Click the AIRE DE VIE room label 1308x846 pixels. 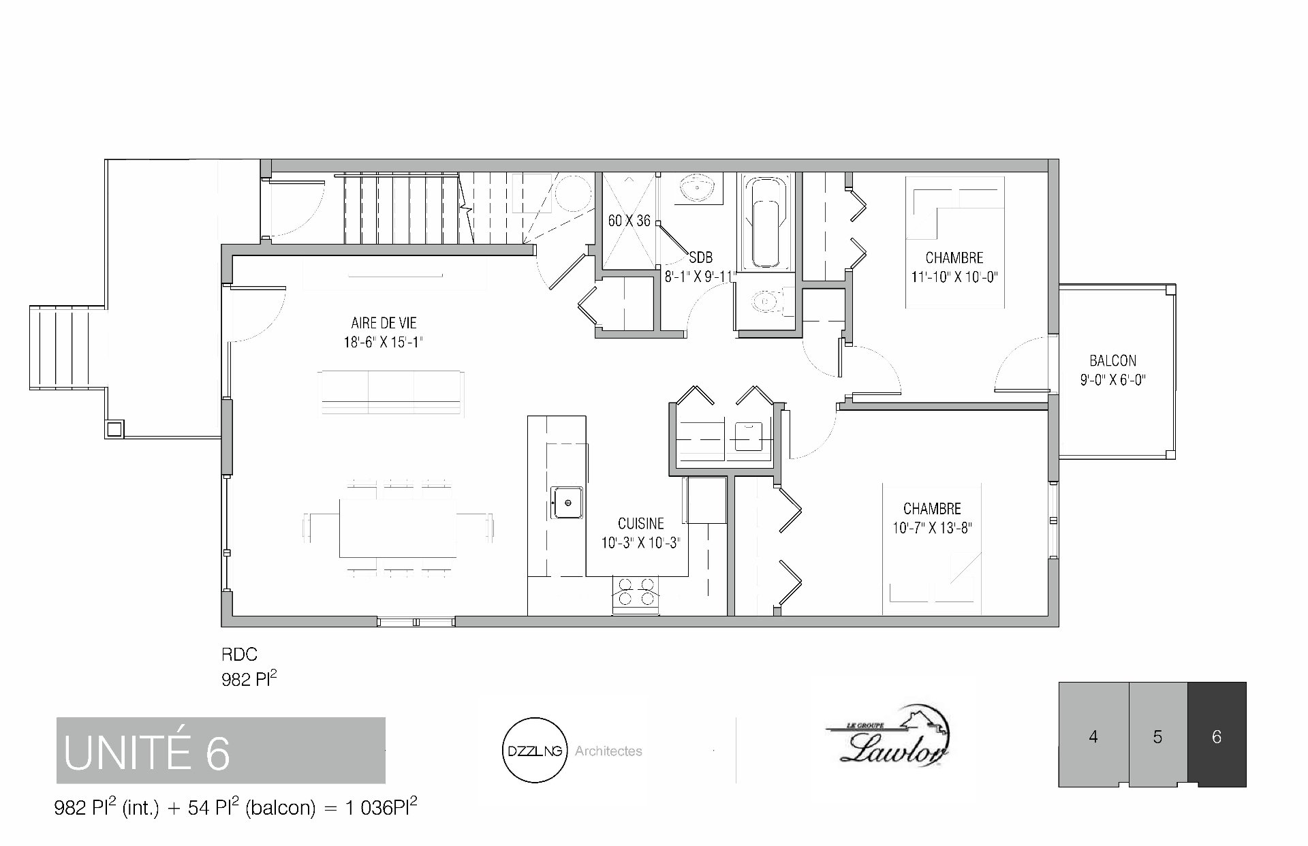[384, 324]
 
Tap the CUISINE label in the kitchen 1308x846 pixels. [641, 524]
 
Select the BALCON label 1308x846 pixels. [1112, 360]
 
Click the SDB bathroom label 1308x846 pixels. [701, 257]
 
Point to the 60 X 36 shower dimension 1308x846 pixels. [629, 221]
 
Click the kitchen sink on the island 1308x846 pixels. [567, 503]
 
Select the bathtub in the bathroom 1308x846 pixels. [767, 223]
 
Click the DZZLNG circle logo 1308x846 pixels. [535, 751]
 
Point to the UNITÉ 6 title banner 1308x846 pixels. [221, 750]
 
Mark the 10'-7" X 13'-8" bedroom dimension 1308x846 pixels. [932, 527]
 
